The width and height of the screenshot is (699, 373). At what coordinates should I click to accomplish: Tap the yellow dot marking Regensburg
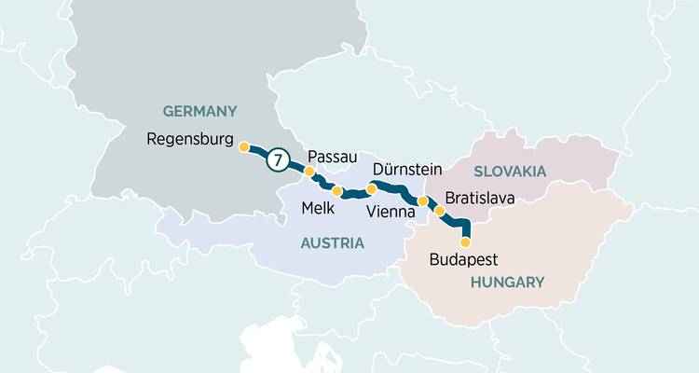click(244, 147)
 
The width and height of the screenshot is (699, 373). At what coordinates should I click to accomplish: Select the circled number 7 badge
click(276, 159)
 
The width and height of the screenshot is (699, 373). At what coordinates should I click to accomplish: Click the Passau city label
click(333, 156)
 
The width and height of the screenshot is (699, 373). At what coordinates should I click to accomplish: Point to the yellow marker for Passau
click(309, 172)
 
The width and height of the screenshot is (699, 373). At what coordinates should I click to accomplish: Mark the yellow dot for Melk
click(337, 191)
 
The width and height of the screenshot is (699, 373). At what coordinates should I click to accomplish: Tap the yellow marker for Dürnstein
click(371, 189)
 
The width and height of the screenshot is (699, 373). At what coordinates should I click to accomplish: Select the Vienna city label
click(392, 212)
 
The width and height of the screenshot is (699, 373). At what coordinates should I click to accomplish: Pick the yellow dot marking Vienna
click(422, 200)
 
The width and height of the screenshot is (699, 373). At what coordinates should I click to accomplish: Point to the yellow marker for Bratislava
click(440, 211)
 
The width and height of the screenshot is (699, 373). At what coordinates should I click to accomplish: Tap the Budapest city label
click(464, 261)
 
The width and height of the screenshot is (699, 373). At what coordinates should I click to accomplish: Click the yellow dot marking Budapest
click(466, 242)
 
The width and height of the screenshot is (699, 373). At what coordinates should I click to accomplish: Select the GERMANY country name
click(199, 111)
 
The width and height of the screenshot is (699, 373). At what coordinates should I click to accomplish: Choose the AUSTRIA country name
click(331, 242)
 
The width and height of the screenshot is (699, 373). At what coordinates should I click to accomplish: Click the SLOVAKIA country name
click(509, 171)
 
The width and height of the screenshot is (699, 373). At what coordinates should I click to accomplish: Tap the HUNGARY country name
click(507, 281)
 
